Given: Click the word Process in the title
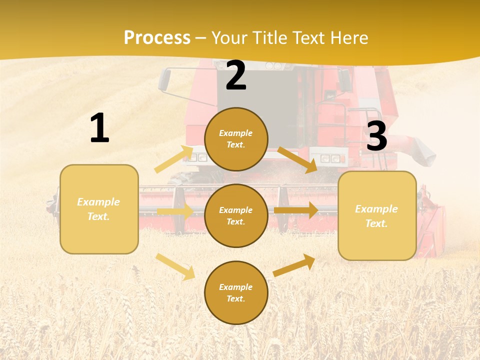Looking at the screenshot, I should [157, 37].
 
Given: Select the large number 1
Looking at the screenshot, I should [99, 128].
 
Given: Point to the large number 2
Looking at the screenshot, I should [236, 75].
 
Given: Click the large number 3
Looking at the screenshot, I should [376, 136].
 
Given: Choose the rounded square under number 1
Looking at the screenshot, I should [99, 209].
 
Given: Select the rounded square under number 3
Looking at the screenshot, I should [377, 215].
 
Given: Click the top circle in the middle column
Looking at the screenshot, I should [236, 139].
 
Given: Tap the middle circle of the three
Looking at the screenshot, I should [236, 215].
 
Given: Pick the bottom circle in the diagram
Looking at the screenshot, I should [236, 292].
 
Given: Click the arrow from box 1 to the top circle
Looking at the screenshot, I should [174, 159].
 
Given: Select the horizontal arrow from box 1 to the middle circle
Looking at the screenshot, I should [175, 211].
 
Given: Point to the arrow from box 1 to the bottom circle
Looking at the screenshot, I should [175, 266].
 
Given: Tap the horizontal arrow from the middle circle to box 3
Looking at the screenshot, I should [296, 210].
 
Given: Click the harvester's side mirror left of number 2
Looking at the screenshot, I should [164, 80].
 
